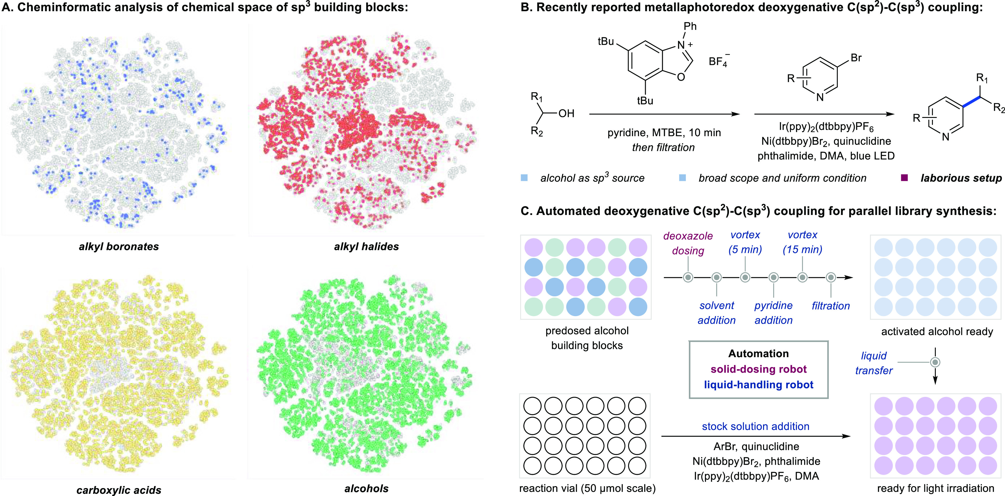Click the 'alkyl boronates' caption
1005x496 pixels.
(119, 246)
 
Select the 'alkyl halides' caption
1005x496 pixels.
(366, 246)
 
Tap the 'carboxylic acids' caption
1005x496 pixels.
(119, 490)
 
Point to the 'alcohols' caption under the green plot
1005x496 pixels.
(366, 489)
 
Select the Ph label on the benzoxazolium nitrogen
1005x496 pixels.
(690, 26)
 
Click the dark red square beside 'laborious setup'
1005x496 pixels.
(904, 178)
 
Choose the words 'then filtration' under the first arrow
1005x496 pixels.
(663, 147)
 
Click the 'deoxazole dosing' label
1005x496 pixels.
(688, 243)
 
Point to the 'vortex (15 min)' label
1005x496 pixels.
(802, 242)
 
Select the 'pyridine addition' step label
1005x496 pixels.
(773, 313)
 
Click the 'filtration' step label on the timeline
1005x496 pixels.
(831, 306)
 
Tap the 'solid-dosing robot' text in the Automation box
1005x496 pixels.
(758, 369)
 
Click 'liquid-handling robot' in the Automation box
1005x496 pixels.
(758, 385)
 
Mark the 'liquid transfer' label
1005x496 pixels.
(874, 363)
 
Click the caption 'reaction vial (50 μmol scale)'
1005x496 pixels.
(587, 488)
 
